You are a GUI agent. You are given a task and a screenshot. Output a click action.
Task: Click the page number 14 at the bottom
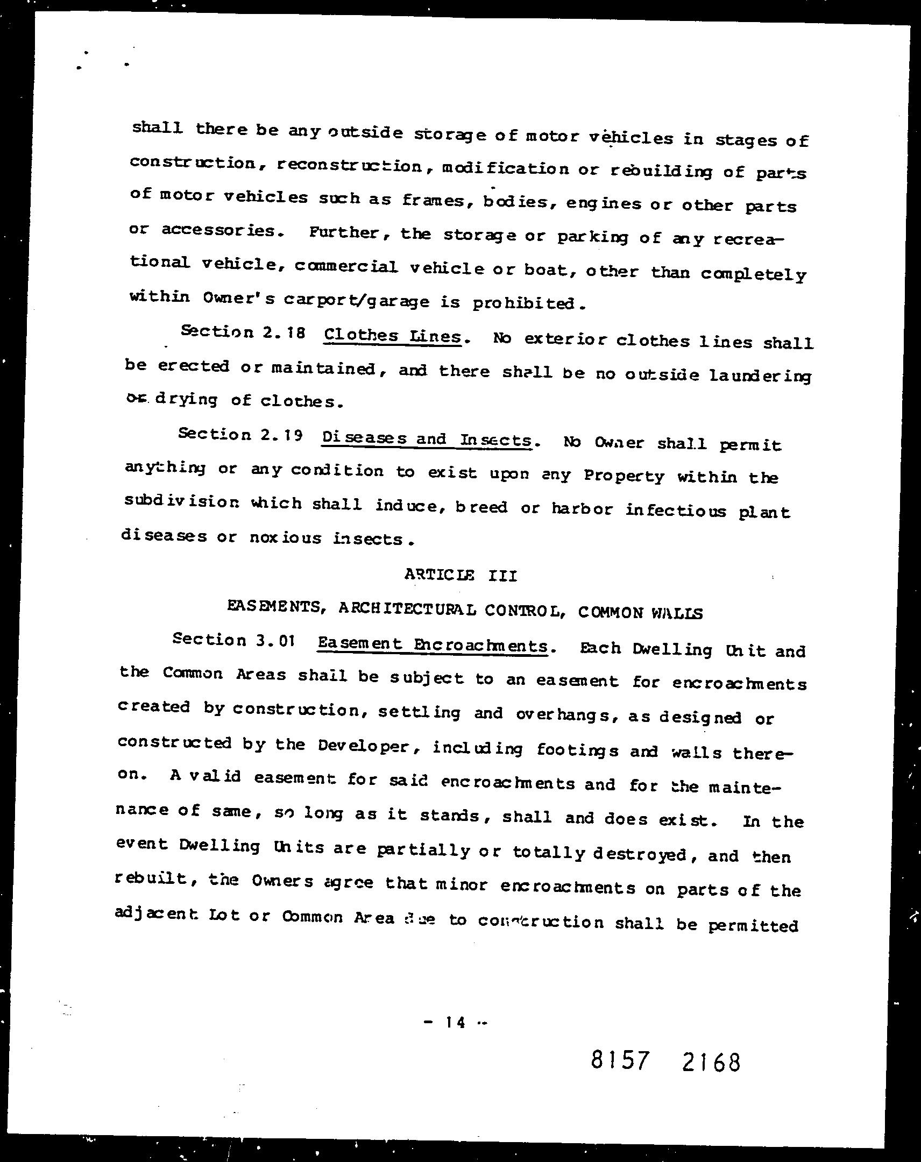(455, 1023)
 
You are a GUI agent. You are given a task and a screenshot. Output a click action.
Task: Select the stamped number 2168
(711, 1062)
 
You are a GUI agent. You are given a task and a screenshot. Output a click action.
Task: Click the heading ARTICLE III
(461, 576)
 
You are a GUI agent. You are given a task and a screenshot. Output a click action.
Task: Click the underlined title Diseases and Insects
(427, 440)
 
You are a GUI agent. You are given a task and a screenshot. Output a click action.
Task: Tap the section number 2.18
(284, 333)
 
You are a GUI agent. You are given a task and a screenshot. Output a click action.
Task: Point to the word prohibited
(526, 304)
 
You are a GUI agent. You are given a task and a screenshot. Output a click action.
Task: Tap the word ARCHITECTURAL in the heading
(407, 610)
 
